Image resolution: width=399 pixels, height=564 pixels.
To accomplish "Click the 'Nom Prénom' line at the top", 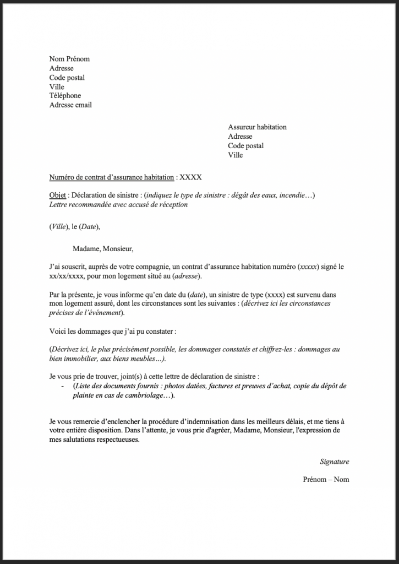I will (69, 59).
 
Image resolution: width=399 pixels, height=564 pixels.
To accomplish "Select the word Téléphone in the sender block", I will (65, 96).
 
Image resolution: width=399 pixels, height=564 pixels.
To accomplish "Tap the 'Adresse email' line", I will (70, 105).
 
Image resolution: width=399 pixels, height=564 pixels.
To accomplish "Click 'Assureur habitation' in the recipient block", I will (257, 127).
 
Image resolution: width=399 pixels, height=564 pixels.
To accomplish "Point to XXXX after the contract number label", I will (191, 177).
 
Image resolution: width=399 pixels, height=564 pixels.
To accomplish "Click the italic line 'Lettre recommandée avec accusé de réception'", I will (118, 205).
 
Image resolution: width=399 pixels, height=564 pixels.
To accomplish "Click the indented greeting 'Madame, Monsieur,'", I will (103, 248).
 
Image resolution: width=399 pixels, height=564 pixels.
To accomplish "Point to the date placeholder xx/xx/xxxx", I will (67, 275).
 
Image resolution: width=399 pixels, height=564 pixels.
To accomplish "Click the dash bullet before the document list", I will (62, 387).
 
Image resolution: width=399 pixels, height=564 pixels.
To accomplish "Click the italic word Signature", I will (334, 462).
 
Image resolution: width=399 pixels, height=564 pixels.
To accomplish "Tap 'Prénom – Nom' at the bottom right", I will (326, 479).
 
